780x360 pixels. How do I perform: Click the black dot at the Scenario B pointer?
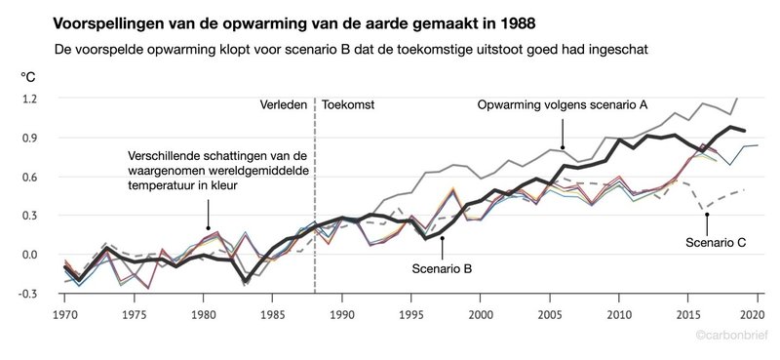[442, 237]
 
